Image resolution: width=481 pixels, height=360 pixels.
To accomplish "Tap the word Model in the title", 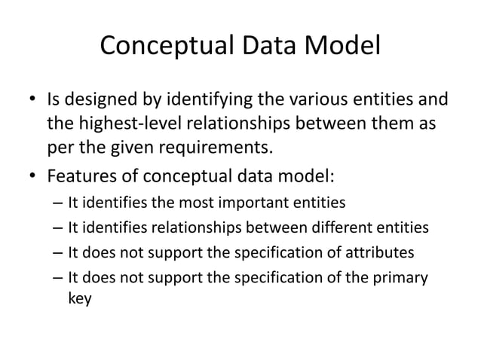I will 342,47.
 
